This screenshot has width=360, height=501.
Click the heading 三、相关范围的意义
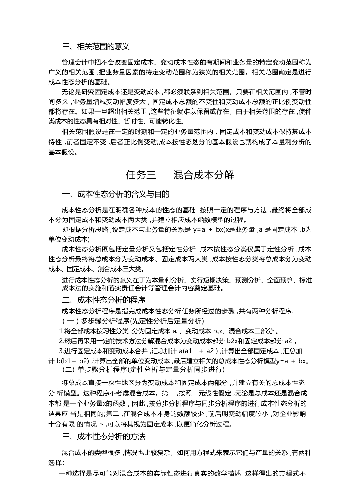point(95,47)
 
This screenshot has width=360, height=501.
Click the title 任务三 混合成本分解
point(180,175)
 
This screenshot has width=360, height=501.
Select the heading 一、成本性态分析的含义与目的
point(115,194)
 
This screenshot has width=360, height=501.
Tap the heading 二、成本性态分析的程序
point(104,300)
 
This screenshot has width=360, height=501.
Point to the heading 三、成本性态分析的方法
point(104,436)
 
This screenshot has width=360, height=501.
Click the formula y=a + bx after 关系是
point(208,230)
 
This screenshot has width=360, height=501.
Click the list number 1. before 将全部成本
point(61,331)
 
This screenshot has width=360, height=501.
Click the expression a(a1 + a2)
point(198,351)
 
